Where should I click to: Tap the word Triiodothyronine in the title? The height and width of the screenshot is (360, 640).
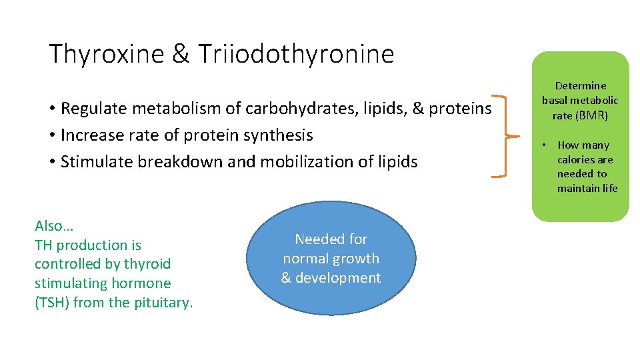click(295, 54)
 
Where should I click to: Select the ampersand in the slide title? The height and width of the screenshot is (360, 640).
click(181, 54)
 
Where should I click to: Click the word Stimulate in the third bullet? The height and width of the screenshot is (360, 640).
click(93, 162)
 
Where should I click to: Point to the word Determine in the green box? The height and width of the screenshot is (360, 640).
click(581, 85)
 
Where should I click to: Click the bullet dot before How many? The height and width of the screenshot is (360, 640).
click(544, 145)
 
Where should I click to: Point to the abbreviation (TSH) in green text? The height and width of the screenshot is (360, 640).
click(52, 303)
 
